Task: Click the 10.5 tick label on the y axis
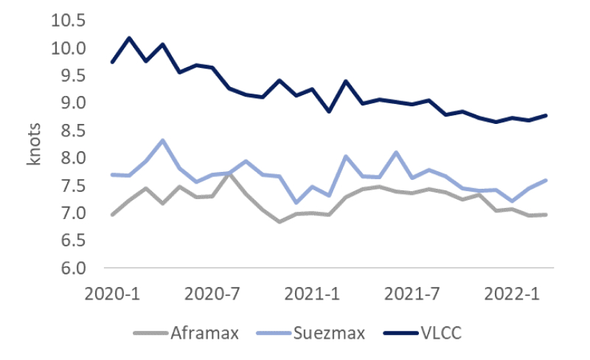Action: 68,20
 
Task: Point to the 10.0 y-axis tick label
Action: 68,48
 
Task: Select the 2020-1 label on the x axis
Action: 112,293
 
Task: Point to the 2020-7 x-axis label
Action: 212,293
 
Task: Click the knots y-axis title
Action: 35,145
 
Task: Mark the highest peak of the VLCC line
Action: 129,38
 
